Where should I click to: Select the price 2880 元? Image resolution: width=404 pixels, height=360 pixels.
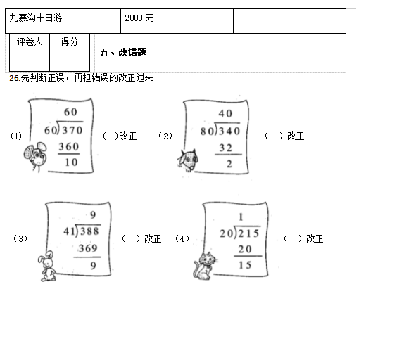pos(139,18)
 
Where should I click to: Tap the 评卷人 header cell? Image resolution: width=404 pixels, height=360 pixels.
pos(30,41)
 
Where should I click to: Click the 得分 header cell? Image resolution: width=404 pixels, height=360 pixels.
pos(70,41)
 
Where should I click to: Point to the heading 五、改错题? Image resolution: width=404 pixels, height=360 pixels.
pos(123,53)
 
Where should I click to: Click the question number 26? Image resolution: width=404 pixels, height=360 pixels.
pos(14,78)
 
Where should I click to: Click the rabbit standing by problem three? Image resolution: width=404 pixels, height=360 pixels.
pos(47,266)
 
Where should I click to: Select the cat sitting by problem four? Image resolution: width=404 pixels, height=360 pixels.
pos(205,266)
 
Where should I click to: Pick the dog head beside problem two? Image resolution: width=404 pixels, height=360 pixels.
pos(187,160)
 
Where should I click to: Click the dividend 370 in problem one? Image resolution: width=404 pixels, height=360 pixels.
pos(72,130)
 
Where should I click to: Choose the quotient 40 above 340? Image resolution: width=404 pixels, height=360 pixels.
pos(225,113)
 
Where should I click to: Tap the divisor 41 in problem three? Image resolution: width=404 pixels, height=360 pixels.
pos(69,231)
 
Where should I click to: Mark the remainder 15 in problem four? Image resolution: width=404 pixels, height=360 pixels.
pos(245,265)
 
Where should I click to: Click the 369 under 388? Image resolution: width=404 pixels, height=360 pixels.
pos(88,248)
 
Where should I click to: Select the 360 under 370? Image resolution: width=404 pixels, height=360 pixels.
pos(69,147)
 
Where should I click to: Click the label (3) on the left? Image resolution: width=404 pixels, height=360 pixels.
pos(20,238)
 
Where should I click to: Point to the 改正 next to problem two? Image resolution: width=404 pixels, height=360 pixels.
pos(296,136)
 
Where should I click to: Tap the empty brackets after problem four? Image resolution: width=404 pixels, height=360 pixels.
pos(293,238)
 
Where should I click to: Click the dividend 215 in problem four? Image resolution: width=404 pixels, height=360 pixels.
pos(248,233)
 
